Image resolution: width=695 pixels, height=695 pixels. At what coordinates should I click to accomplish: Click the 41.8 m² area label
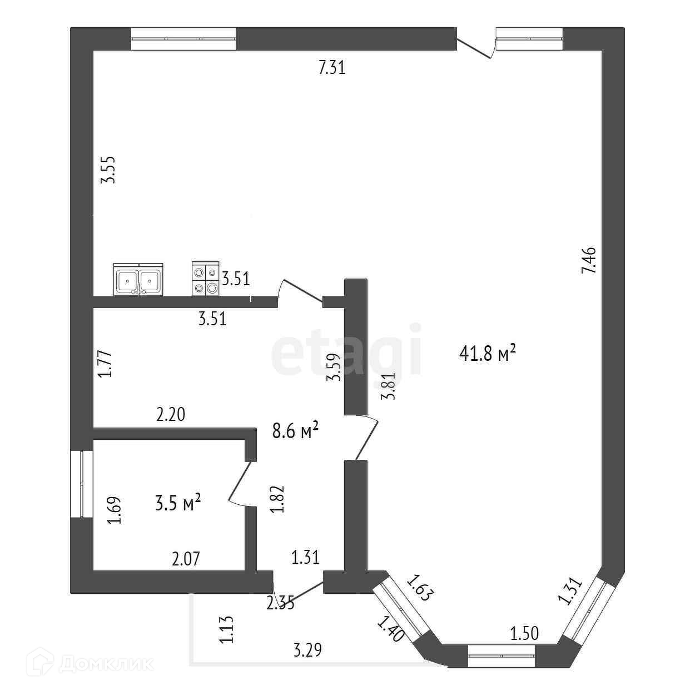(x=489, y=353)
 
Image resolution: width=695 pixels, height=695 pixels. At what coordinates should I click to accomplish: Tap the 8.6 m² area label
(x=295, y=430)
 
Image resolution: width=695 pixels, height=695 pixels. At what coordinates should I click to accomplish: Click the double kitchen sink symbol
(x=138, y=280)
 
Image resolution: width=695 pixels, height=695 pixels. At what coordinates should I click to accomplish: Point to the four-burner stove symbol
(x=205, y=280)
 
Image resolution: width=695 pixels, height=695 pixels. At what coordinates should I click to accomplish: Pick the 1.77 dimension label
(x=106, y=364)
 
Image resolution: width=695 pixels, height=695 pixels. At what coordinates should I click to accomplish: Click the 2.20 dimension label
(x=171, y=415)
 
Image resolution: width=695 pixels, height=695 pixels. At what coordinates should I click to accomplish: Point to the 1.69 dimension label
(x=115, y=510)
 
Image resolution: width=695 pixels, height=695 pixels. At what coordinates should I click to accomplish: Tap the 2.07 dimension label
(x=186, y=559)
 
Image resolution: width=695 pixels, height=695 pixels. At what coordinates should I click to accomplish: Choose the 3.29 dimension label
(x=307, y=649)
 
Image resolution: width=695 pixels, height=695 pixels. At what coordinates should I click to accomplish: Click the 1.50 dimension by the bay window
(x=524, y=633)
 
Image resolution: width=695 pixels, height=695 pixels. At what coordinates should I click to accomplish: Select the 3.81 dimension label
(x=388, y=386)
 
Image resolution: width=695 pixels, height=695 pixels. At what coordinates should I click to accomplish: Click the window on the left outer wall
(x=82, y=484)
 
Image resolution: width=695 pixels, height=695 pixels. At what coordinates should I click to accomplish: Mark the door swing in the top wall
(x=476, y=46)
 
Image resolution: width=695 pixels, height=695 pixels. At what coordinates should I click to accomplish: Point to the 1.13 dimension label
(x=226, y=630)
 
